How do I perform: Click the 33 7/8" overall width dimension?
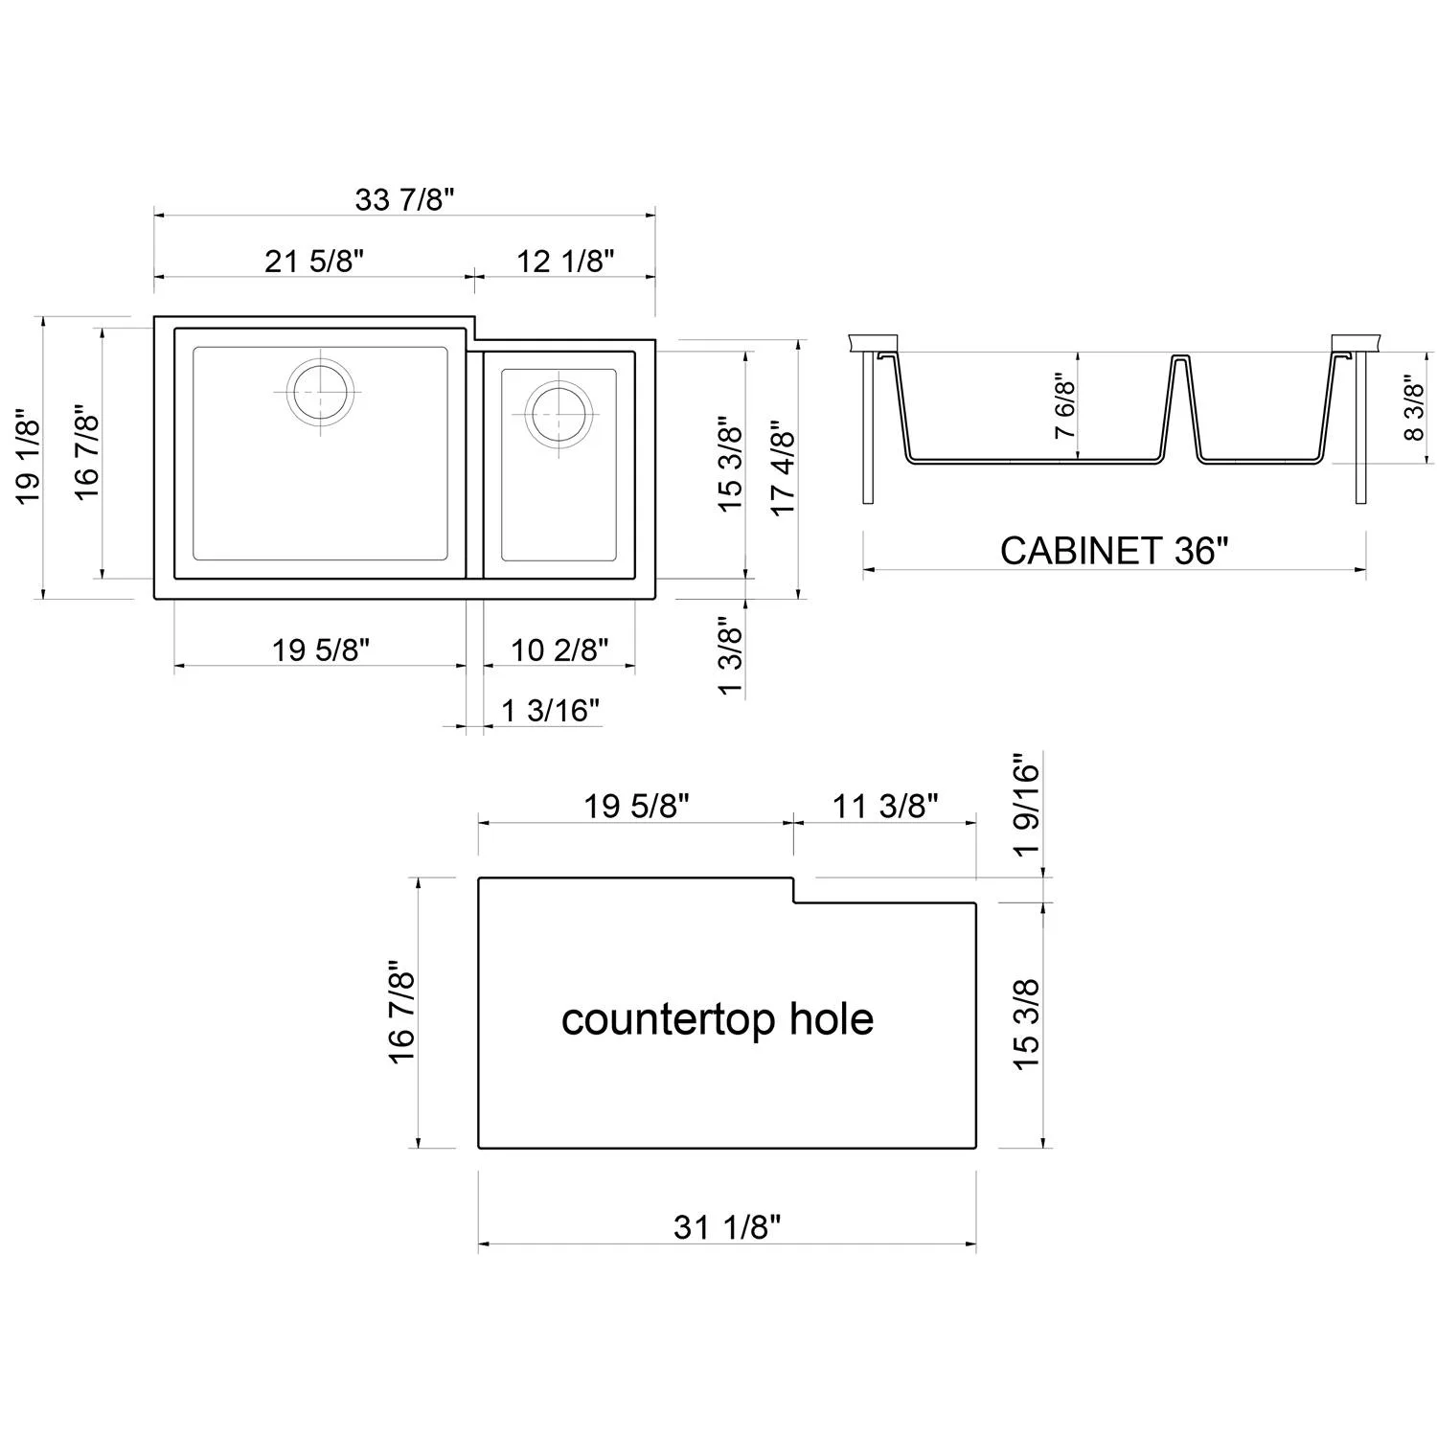click(x=403, y=199)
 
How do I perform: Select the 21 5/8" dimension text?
click(x=314, y=261)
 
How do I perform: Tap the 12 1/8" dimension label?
click(x=565, y=261)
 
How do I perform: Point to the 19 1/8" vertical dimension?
click(x=28, y=461)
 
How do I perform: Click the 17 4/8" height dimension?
click(x=784, y=468)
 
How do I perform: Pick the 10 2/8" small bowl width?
click(x=559, y=650)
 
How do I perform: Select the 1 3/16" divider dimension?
click(x=550, y=711)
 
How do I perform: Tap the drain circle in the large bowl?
click(x=320, y=392)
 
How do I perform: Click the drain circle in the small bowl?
click(x=557, y=413)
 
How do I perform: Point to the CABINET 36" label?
click(x=1113, y=551)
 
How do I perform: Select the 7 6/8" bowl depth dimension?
click(x=1064, y=406)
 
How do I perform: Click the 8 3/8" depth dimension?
click(x=1413, y=407)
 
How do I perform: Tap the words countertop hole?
click(x=717, y=1019)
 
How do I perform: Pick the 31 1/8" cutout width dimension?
click(x=727, y=1226)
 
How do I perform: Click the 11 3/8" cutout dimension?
click(x=884, y=807)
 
